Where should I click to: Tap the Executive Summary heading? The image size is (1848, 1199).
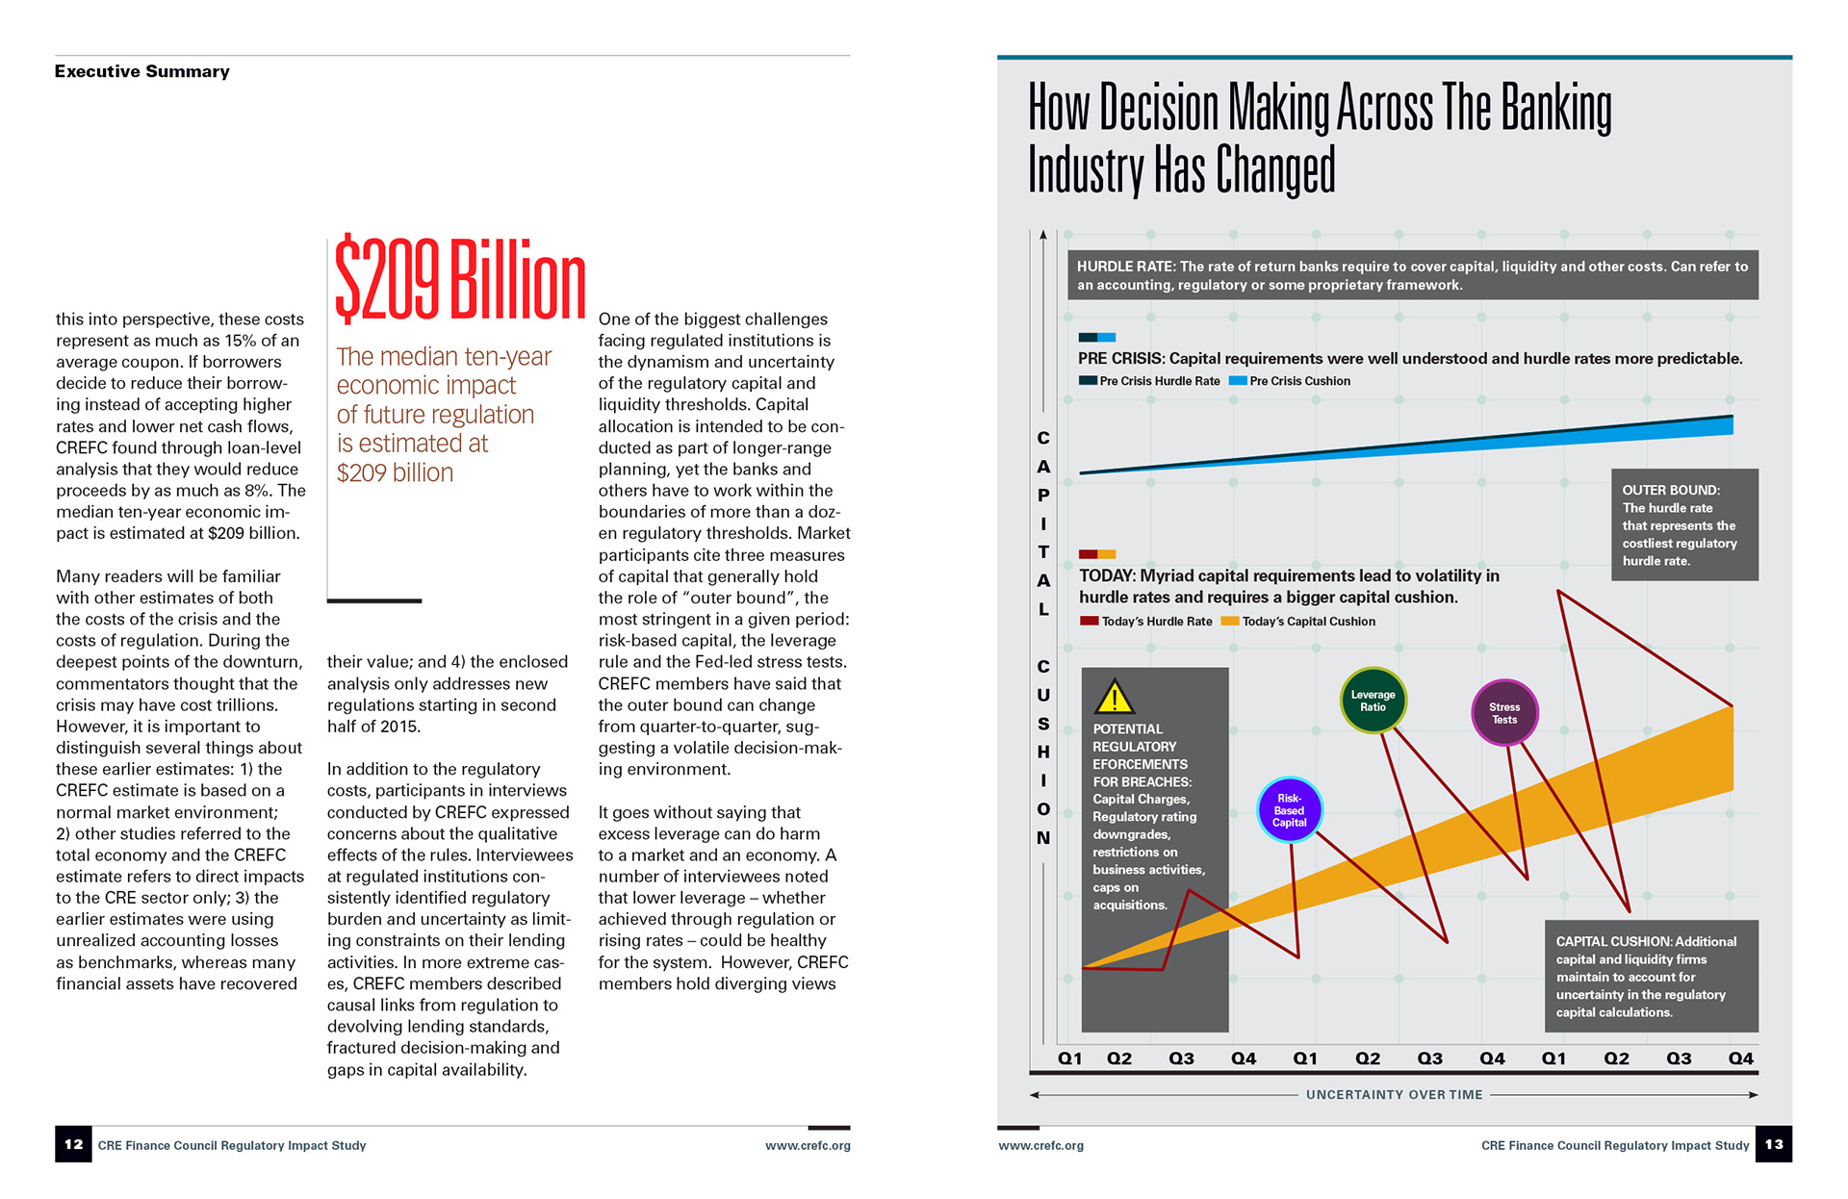pos(142,71)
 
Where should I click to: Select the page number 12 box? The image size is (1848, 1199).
pos(73,1144)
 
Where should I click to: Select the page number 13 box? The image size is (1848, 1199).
pos(1773,1144)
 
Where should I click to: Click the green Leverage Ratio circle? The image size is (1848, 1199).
pos(1373,701)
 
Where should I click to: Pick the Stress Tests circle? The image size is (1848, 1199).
pos(1504,713)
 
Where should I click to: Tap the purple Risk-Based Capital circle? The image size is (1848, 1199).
pos(1290,810)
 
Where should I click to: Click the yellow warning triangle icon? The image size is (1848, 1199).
pos(1115,697)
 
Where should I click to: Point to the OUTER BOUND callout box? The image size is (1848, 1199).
pos(1684,524)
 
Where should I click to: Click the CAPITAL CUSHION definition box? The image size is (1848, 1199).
pos(1652,976)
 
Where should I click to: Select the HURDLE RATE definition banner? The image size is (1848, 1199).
pos(1412,275)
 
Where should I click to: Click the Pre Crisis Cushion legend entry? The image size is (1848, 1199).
pos(1291,381)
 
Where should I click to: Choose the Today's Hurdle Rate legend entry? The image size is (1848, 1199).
pos(1146,622)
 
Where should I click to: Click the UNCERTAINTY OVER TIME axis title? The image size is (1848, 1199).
pos(1394,1095)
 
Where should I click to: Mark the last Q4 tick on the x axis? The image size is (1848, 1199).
pos(1740,1059)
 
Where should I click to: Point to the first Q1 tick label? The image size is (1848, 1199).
pos(1069,1059)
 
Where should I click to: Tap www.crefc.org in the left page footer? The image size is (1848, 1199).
pos(808,1146)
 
